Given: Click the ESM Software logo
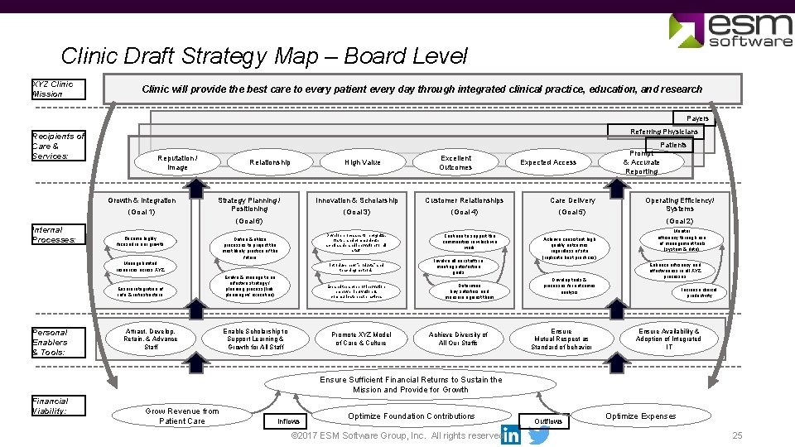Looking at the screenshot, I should coord(730,30).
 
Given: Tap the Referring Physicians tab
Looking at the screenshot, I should coord(664,132).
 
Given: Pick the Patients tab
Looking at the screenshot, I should coord(673,145).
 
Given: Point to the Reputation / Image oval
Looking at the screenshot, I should coord(177,162).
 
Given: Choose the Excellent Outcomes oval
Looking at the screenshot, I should coord(455,162).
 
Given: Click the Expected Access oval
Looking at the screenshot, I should coord(548,162).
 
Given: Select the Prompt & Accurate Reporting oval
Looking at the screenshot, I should coord(642,162).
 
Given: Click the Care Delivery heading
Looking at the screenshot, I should coord(573,200).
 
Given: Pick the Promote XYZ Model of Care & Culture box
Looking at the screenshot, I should coord(360,339).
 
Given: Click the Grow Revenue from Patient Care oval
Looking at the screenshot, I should coord(182,416).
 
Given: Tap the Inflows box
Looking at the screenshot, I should coord(289,421).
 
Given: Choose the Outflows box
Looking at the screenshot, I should coord(547,421).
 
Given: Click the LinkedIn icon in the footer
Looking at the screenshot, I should coord(511,435).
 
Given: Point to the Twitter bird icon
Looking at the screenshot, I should coord(539,435).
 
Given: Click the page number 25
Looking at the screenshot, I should coord(737,436).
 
